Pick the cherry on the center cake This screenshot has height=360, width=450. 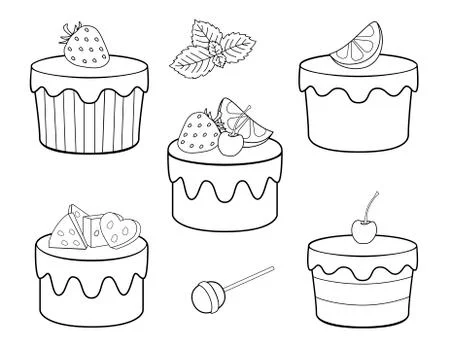point(229,145)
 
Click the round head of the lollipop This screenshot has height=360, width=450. point(203,298)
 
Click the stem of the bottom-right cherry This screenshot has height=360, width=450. point(373,206)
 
